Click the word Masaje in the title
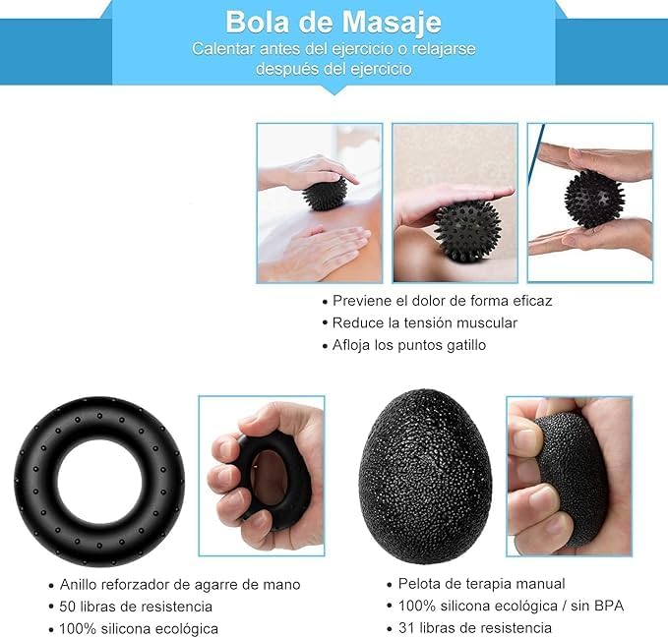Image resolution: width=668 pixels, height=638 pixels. [392, 23]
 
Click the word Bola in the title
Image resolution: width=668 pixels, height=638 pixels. [257, 23]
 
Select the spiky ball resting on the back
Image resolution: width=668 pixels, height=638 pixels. [325, 193]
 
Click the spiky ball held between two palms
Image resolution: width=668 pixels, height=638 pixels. [594, 199]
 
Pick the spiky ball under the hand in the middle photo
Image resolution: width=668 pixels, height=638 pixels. [466, 230]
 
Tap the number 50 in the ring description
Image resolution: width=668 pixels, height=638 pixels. [67, 607]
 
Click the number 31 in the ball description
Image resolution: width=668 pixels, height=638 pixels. [406, 628]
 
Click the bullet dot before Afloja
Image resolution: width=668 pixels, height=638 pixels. [325, 347]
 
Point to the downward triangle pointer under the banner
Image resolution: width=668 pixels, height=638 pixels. [334, 89]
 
